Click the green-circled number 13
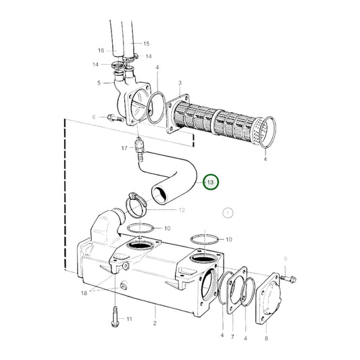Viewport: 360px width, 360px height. pyautogui.click(x=210, y=182)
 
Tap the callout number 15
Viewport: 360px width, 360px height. pyautogui.click(x=147, y=43)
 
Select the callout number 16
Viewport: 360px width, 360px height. pyautogui.click(x=101, y=51)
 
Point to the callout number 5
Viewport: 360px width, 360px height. pyautogui.click(x=99, y=83)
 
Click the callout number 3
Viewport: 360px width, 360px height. pyautogui.click(x=180, y=82)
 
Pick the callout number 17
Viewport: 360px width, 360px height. pyautogui.click(x=124, y=148)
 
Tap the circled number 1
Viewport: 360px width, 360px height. pyautogui.click(x=228, y=213)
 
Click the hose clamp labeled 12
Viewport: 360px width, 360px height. pyautogui.click(x=137, y=201)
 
